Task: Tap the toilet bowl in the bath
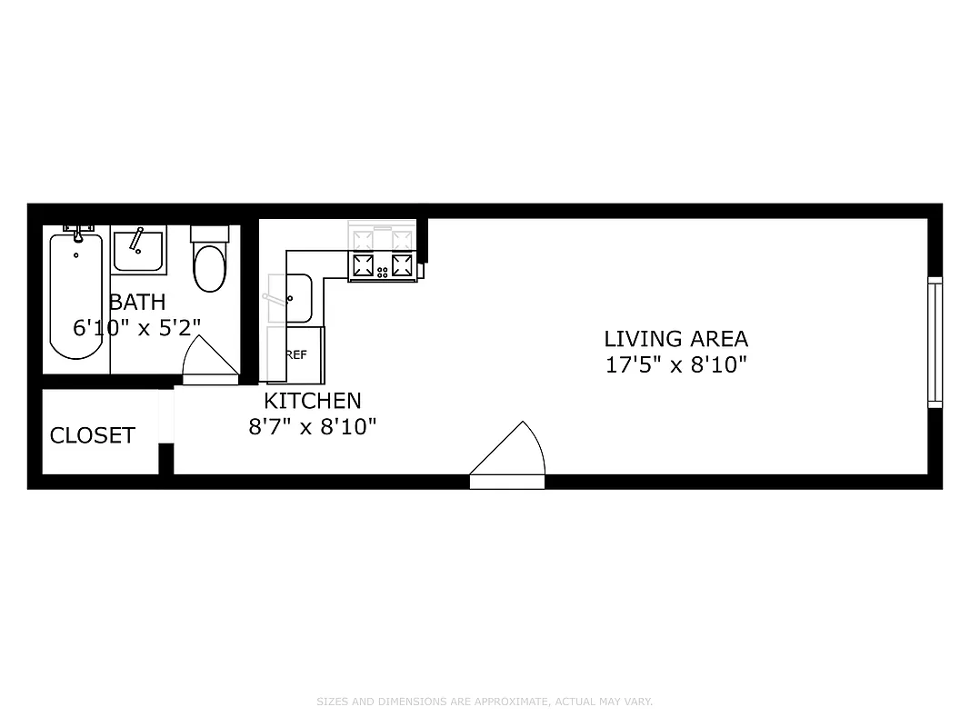pyautogui.click(x=209, y=267)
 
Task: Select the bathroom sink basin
pyautogui.click(x=138, y=251)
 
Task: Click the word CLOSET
pyautogui.click(x=92, y=435)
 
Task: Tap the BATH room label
pyautogui.click(x=137, y=302)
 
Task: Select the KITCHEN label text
pyautogui.click(x=312, y=400)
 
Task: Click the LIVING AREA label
pyautogui.click(x=675, y=339)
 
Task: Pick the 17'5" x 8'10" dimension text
pyautogui.click(x=675, y=365)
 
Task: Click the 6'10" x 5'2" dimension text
pyautogui.click(x=137, y=327)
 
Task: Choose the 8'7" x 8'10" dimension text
pyautogui.click(x=312, y=425)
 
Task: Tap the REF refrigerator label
pyautogui.click(x=296, y=354)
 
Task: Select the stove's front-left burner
pyautogui.click(x=364, y=266)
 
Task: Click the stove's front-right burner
pyautogui.click(x=402, y=266)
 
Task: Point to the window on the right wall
pyautogui.click(x=934, y=342)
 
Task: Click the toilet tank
pyautogui.click(x=209, y=234)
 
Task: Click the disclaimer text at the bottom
pyautogui.click(x=485, y=702)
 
